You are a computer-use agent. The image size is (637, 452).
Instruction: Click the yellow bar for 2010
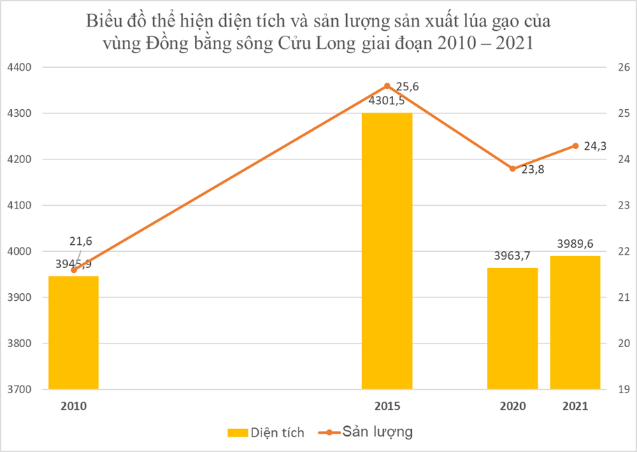[73, 333]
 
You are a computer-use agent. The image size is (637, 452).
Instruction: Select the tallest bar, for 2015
[387, 251]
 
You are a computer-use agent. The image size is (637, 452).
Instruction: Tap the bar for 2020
[513, 329]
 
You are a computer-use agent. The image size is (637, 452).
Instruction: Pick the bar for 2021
[575, 323]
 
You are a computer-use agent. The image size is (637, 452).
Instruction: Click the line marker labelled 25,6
[387, 86]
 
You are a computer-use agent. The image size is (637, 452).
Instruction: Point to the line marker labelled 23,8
[513, 169]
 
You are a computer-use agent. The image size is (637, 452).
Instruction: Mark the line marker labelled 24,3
[575, 146]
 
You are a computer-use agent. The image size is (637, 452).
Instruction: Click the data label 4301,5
[387, 101]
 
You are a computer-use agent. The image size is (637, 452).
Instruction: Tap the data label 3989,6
[575, 244]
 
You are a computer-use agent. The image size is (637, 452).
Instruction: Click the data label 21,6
[80, 241]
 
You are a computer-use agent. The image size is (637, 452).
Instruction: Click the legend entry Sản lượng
[368, 432]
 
